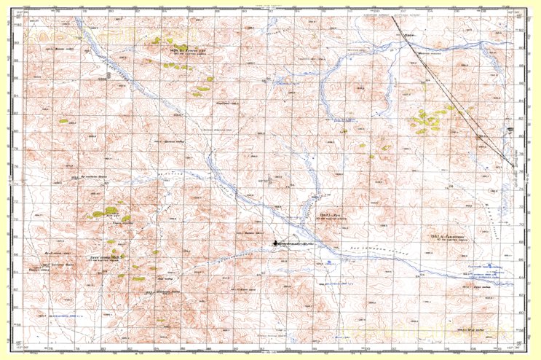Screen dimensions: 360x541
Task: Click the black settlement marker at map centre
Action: pos(275,242)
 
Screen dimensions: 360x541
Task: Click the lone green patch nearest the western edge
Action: pos(63,121)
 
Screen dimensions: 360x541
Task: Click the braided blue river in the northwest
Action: pos(109,66)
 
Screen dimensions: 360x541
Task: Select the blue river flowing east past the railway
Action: pos(466,51)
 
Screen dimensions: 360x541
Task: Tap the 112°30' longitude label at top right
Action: pos(518,9)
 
